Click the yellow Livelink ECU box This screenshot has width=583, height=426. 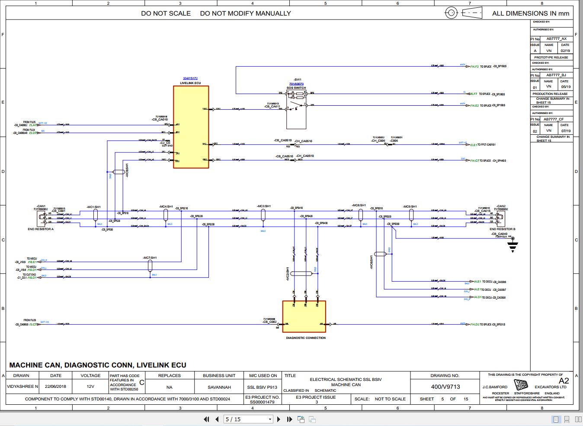tap(191, 127)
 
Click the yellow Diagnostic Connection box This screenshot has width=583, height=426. tap(304, 316)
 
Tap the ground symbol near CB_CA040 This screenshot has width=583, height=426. tap(513, 246)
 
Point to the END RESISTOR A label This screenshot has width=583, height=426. tap(41, 229)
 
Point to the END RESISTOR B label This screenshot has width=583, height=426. tap(502, 229)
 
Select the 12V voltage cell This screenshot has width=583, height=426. tap(90, 387)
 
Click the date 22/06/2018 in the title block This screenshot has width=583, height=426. tap(56, 387)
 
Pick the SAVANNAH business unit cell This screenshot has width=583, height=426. tap(219, 387)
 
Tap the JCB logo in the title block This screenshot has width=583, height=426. tap(521, 384)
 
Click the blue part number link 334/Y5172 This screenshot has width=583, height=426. tap(190, 78)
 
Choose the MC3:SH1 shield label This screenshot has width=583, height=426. tap(263, 206)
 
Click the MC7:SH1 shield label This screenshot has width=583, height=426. tap(150, 258)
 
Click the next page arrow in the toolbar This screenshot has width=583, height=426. tap(279, 419)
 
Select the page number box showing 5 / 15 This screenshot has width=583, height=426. tap(248, 419)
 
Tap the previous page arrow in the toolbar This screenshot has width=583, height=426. tap(217, 419)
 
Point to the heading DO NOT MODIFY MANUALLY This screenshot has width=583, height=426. tap(245, 13)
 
